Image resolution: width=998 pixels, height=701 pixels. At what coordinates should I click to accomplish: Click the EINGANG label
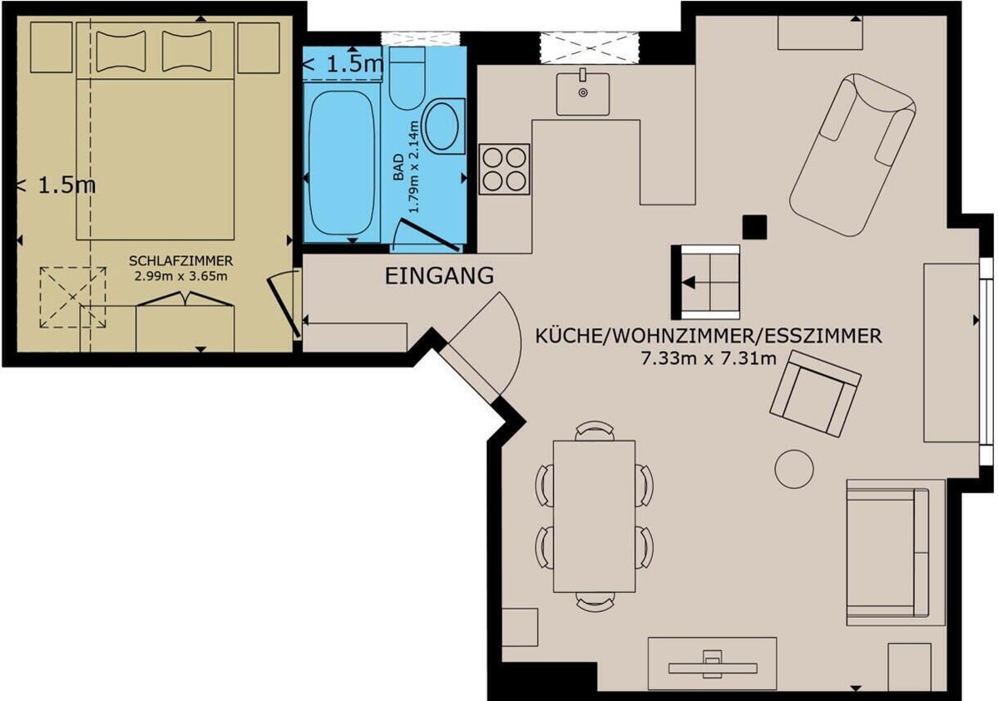pos(439,276)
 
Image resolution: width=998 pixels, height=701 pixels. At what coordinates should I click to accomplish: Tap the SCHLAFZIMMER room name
pos(181,260)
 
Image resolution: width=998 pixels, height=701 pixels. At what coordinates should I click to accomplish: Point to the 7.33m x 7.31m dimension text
pos(709,358)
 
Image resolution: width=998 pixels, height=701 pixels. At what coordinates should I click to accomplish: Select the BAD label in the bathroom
pos(398,167)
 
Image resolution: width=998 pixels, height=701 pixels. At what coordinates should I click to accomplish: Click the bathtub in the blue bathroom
pos(342,163)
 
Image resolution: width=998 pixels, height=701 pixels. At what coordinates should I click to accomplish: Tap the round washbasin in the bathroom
pos(442,126)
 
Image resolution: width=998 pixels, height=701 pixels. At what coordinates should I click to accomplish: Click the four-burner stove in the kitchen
pos(504,170)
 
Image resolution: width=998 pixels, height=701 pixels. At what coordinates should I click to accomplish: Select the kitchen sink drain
pos(583,92)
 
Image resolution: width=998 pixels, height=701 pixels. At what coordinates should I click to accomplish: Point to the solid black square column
pos(755,227)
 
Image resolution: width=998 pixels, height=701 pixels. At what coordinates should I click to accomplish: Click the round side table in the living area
pos(794,469)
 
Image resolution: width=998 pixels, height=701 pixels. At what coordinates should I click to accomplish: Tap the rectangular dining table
pos(595,516)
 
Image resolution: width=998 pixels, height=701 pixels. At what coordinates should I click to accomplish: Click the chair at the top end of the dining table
pos(595,431)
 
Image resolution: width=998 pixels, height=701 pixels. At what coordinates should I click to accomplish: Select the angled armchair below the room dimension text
pos(815,393)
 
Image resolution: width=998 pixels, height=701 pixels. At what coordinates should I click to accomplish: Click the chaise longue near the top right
pos(852,155)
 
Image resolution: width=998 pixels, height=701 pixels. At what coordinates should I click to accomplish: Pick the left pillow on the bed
pos(121,51)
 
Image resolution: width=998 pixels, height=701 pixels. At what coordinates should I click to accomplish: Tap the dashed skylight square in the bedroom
pos(72,298)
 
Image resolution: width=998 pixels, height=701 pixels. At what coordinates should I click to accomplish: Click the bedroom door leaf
pos(284,308)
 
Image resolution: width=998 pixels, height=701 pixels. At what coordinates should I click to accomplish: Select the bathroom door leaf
pos(428,234)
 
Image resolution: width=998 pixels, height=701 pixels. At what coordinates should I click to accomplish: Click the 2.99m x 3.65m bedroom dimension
pos(181,276)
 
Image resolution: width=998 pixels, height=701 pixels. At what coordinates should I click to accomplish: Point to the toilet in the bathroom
pos(408,78)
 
